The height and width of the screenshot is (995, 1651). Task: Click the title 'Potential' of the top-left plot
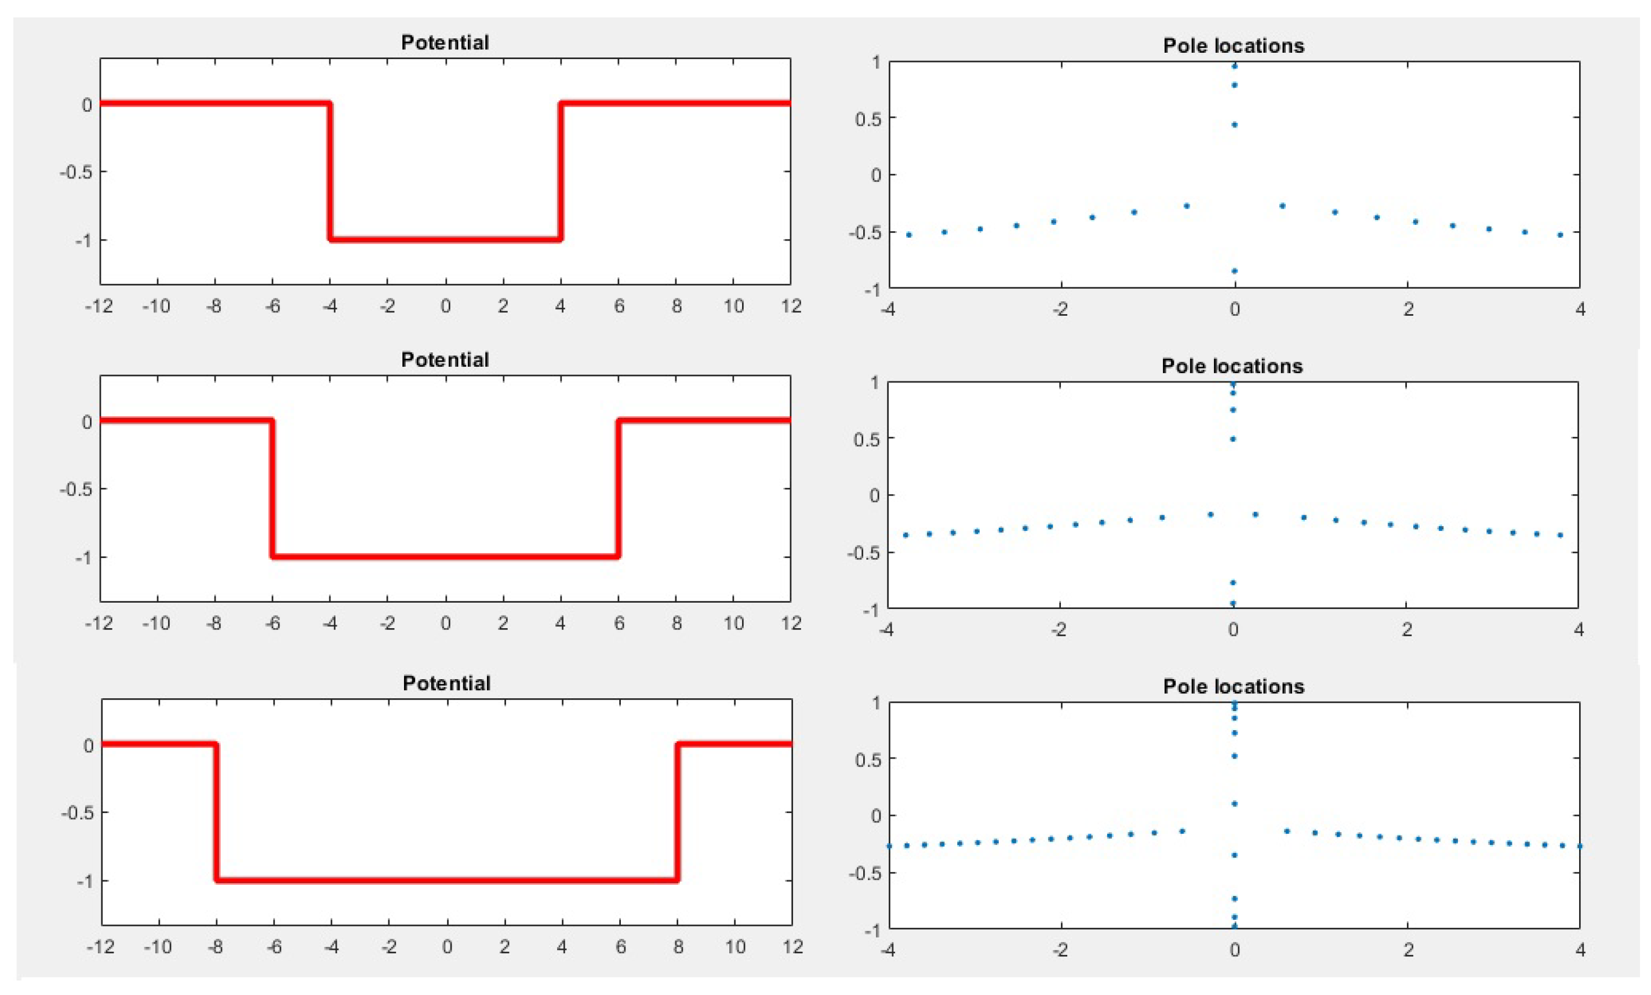445,42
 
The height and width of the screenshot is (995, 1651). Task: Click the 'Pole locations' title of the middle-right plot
1231,366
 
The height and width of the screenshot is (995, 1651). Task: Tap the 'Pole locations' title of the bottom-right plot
1234,686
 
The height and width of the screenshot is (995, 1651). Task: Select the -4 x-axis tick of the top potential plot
329,306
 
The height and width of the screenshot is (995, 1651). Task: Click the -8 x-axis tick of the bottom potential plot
214,947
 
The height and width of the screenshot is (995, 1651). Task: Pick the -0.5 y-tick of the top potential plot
75,172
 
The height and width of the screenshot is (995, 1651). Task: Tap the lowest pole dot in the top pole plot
1234,271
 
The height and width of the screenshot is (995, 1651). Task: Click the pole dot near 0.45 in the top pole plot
1234,125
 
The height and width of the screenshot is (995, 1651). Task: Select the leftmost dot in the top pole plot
908,235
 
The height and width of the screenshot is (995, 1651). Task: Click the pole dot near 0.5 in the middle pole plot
1233,439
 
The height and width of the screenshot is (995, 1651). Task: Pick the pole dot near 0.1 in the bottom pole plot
1234,803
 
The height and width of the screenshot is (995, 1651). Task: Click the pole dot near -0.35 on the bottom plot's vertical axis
1234,855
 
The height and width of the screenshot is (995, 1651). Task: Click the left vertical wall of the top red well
329,172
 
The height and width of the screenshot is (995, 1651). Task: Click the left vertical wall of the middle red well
272,489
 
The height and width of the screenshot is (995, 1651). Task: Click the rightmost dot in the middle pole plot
1560,535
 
